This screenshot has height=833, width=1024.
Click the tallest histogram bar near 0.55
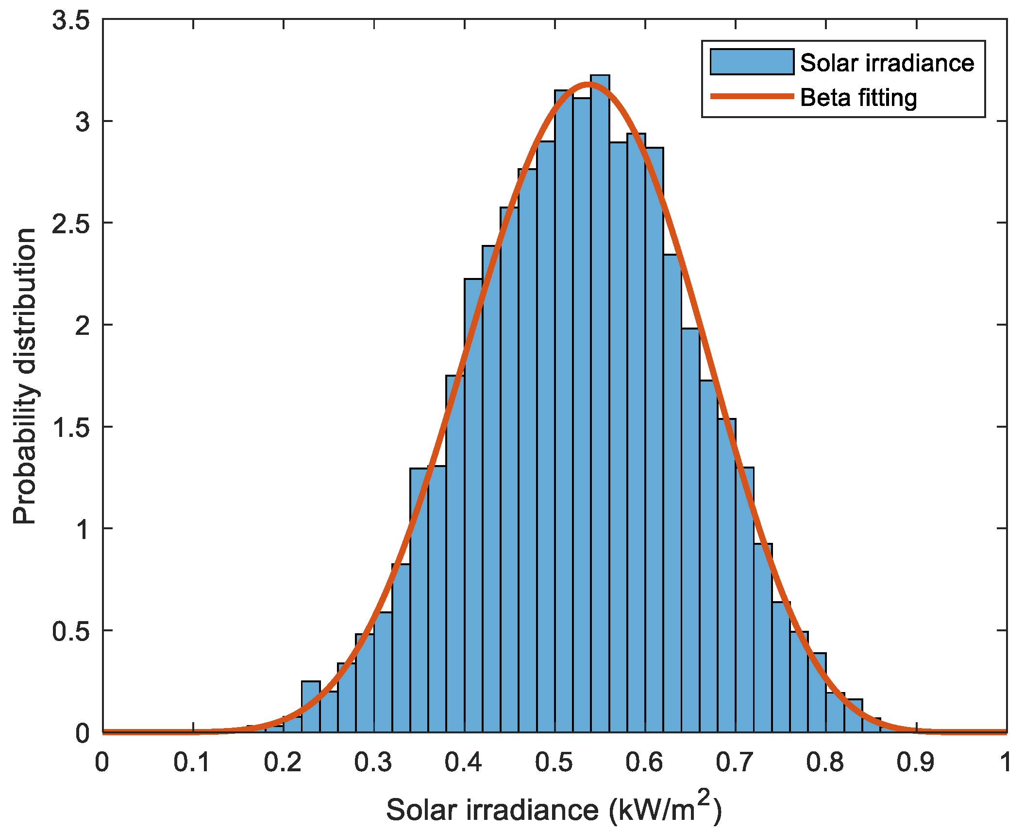(x=600, y=389)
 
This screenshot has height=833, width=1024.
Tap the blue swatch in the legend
(x=752, y=62)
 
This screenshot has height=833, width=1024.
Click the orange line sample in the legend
(x=752, y=96)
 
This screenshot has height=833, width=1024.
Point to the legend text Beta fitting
(x=858, y=98)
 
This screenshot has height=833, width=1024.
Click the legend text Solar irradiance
(x=887, y=63)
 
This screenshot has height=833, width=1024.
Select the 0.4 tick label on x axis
(x=463, y=762)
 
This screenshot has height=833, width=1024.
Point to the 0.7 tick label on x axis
(x=734, y=762)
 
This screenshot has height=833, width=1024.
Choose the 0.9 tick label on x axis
(x=915, y=762)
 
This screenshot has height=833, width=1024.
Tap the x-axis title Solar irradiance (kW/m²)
(x=554, y=809)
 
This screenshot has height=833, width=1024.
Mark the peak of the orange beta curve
(x=588, y=84)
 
